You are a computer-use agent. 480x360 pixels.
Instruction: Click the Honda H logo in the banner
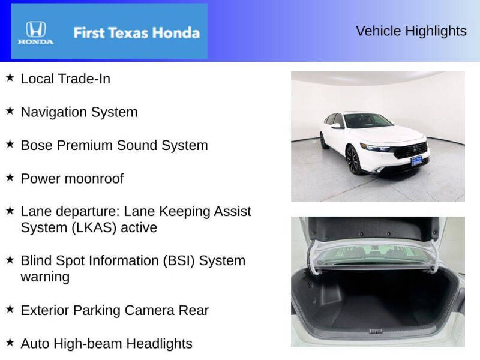(35, 29)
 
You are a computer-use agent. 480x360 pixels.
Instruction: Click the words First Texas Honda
(136, 32)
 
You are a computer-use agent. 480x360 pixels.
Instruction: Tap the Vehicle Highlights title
(411, 31)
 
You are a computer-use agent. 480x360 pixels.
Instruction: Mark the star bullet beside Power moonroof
(10, 178)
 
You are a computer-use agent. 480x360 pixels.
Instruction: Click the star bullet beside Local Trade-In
(10, 78)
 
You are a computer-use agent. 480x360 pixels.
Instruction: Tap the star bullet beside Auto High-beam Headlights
(10, 343)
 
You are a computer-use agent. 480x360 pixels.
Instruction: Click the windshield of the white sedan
(367, 122)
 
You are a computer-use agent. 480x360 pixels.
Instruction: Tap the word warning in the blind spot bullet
(45, 277)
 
